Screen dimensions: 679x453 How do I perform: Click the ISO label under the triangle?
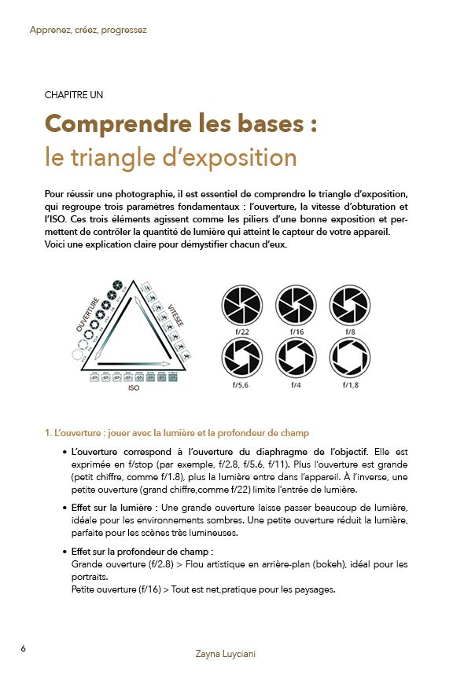pyautogui.click(x=133, y=387)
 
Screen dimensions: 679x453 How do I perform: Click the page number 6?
pyautogui.click(x=24, y=648)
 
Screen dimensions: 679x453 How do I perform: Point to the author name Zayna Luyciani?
pyautogui.click(x=226, y=654)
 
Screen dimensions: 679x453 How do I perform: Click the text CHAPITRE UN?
pyautogui.click(x=74, y=95)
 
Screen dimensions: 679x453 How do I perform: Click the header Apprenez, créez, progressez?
pyautogui.click(x=88, y=31)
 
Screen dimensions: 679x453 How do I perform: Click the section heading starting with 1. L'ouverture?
pyautogui.click(x=177, y=432)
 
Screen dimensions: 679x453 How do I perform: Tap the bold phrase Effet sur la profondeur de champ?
pyautogui.click(x=142, y=552)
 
